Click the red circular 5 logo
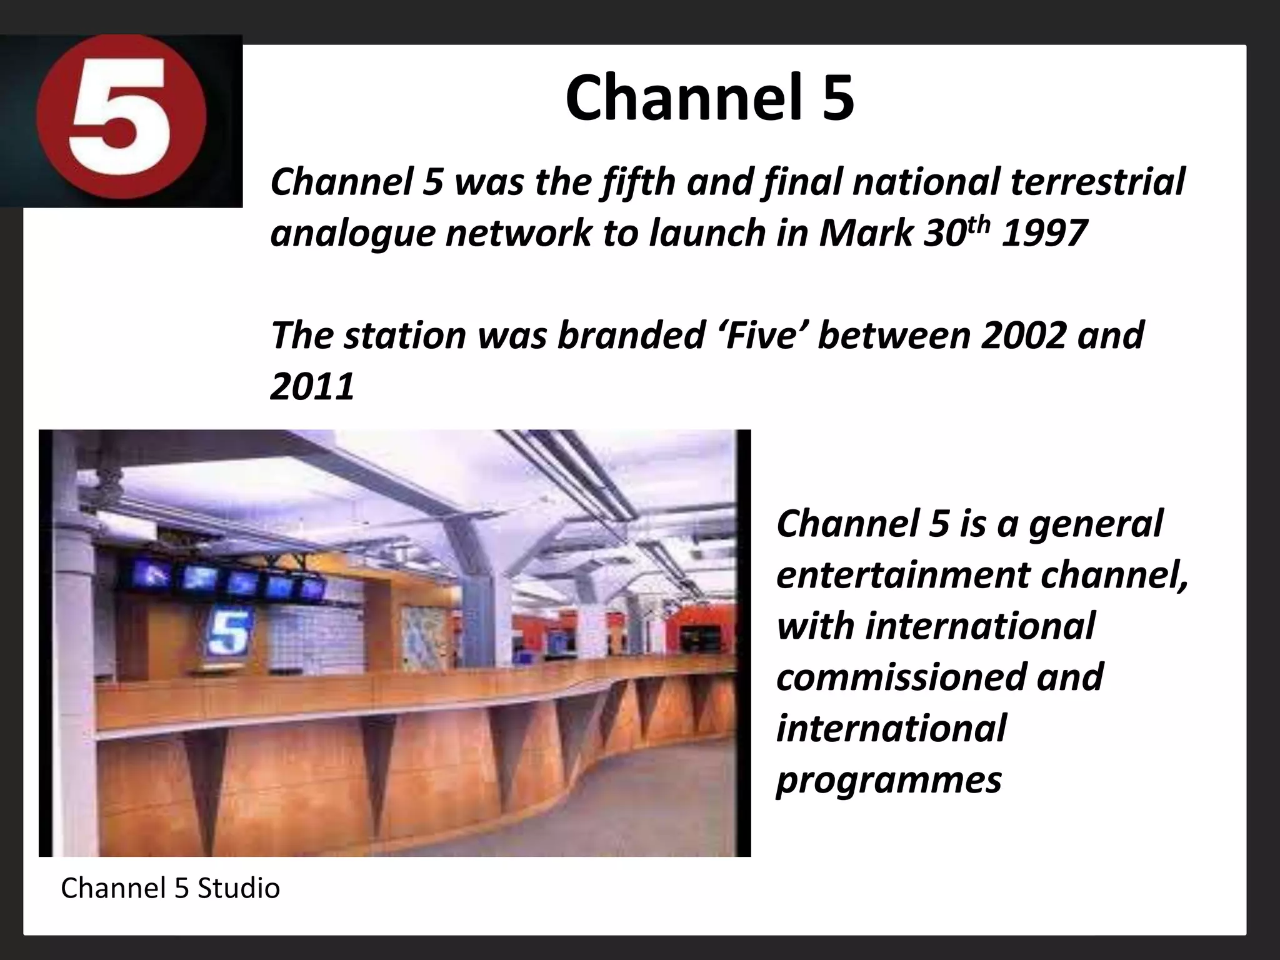(x=121, y=121)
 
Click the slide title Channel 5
(x=709, y=98)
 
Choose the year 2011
(x=312, y=387)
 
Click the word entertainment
(x=903, y=575)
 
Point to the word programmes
(x=889, y=780)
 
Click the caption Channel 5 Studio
(x=170, y=888)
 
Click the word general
(x=1095, y=524)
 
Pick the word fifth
(x=637, y=182)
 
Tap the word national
(x=927, y=182)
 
